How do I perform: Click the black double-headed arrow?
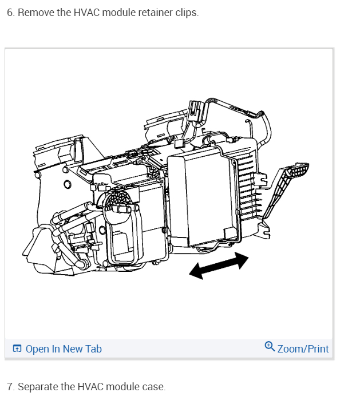[219, 267]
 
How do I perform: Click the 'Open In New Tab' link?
[63, 348]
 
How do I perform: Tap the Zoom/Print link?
[303, 348]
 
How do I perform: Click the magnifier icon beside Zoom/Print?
[270, 346]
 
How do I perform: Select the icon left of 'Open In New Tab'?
[17, 348]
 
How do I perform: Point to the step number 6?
[10, 13]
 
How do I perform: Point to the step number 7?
[10, 387]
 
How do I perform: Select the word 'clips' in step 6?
[187, 13]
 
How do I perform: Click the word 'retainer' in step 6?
[154, 13]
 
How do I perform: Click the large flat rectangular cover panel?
[200, 195]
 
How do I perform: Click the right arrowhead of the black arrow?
[242, 259]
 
